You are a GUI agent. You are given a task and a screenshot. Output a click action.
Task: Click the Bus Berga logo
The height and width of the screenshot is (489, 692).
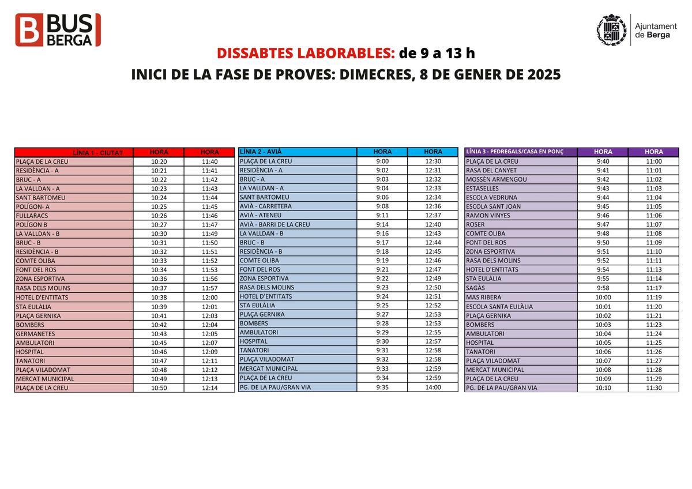(58, 30)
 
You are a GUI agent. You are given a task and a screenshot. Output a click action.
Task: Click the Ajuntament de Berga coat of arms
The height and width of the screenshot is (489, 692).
(611, 30)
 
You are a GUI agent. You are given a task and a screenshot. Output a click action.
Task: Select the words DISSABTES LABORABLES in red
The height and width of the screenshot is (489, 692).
(306, 53)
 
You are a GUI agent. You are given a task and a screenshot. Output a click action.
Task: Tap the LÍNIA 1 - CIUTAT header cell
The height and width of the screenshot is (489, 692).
(74, 153)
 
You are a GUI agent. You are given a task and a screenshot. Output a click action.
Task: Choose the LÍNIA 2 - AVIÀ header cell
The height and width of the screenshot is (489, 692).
(297, 152)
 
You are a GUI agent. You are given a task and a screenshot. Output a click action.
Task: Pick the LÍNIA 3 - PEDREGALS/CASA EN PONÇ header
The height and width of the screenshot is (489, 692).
(521, 152)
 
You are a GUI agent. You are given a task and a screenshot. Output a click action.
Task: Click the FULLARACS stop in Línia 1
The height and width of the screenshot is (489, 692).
(32, 216)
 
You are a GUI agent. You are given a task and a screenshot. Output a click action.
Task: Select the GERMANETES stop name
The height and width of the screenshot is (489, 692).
(36, 334)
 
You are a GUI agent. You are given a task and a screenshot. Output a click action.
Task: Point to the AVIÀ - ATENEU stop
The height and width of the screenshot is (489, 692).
(261, 215)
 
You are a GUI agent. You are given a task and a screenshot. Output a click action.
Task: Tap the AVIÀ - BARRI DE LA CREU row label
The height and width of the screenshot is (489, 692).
(275, 224)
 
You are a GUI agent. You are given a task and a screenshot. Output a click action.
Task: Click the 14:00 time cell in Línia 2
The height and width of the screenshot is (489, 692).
(433, 388)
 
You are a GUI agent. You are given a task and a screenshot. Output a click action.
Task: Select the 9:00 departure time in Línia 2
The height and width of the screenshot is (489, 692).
(382, 161)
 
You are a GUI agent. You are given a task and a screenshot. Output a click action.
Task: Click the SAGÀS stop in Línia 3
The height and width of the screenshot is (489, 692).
(476, 288)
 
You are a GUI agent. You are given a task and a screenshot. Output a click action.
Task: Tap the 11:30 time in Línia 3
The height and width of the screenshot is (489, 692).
(654, 388)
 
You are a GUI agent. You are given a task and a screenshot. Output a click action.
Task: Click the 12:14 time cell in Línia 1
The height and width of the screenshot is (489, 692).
(210, 388)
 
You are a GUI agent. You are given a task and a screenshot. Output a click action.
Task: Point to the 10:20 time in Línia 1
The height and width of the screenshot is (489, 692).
(159, 162)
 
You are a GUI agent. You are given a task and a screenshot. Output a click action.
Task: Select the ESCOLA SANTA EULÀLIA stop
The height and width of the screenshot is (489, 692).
(499, 307)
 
